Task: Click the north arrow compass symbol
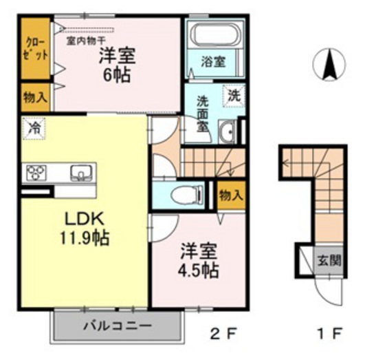pos(329,65)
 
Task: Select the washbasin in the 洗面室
pos(227,131)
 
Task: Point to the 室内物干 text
pos(86,40)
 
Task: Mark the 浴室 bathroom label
pos(210,61)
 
